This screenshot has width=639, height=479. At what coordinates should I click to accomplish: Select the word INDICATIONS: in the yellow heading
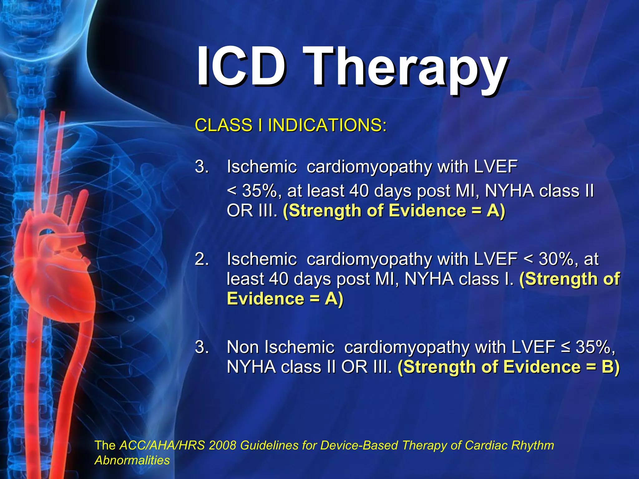[327, 125]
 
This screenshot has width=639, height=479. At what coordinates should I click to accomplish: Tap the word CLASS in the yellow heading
[223, 125]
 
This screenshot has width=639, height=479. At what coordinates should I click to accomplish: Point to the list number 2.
[202, 259]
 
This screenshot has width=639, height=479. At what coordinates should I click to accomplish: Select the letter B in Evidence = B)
[607, 367]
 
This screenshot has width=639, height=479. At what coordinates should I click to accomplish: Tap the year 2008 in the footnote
[222, 445]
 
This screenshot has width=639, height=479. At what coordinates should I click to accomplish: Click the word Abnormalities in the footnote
[132, 460]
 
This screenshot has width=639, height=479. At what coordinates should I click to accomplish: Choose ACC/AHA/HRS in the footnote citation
[162, 445]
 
